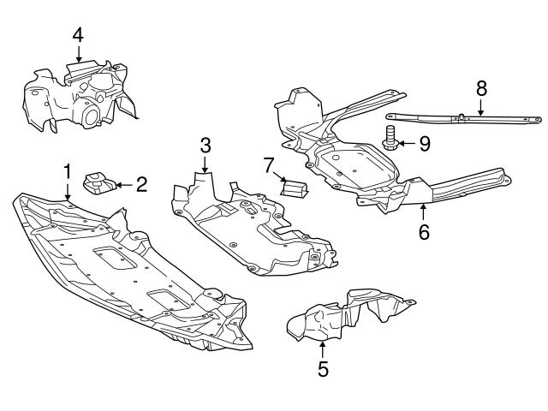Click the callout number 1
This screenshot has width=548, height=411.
[67, 172]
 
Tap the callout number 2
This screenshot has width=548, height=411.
[141, 182]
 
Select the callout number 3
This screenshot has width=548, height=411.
[205, 143]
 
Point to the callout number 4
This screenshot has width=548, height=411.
[78, 35]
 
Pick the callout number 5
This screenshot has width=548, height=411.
[323, 369]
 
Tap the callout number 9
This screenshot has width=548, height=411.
[424, 143]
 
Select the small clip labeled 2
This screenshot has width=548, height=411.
[98, 182]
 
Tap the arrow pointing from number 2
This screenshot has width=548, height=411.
[122, 182]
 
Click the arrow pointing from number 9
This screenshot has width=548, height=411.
[407, 143]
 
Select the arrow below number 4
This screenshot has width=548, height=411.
[78, 55]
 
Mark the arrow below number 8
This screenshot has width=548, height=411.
[481, 106]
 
